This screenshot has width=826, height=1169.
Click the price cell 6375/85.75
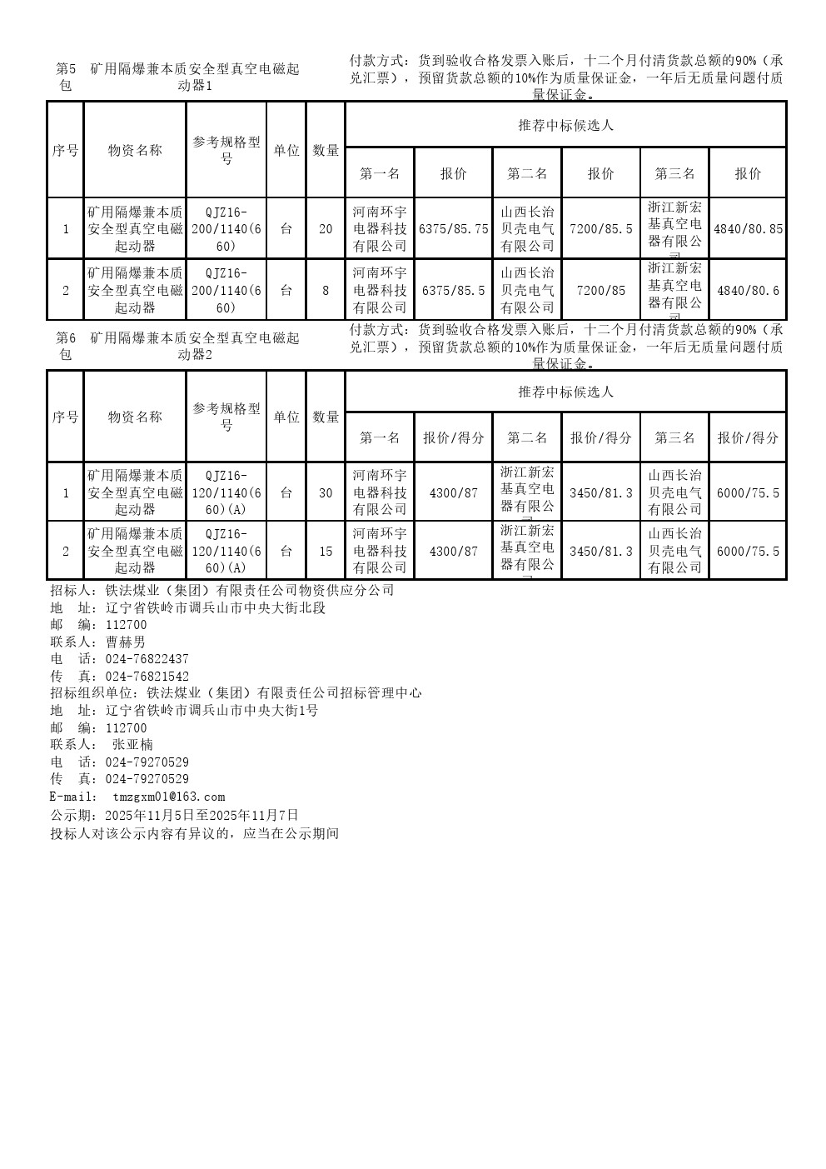(x=453, y=229)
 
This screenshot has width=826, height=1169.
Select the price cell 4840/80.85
(x=748, y=229)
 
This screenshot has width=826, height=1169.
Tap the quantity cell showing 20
(x=326, y=229)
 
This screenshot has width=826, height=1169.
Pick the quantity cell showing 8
(x=326, y=291)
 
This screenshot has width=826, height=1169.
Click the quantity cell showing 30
(x=326, y=492)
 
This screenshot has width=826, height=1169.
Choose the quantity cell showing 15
(x=326, y=551)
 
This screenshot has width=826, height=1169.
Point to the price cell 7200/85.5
(x=600, y=229)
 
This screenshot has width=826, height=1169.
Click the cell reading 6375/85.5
(x=453, y=291)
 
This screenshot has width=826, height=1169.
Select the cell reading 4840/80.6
(x=748, y=291)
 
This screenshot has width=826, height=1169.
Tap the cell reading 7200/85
(x=600, y=291)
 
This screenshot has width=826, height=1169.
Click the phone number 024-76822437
(x=147, y=659)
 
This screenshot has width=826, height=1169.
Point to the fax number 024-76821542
(x=147, y=677)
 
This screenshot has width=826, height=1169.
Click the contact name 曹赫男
(x=126, y=642)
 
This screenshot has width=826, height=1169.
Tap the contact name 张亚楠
(x=132, y=745)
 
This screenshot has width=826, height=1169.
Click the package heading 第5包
(x=66, y=77)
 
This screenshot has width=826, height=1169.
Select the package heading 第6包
(x=66, y=346)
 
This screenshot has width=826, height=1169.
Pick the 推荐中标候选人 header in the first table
(x=565, y=125)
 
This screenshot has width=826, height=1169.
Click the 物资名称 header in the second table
(x=135, y=417)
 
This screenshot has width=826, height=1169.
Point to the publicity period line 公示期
(x=174, y=815)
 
